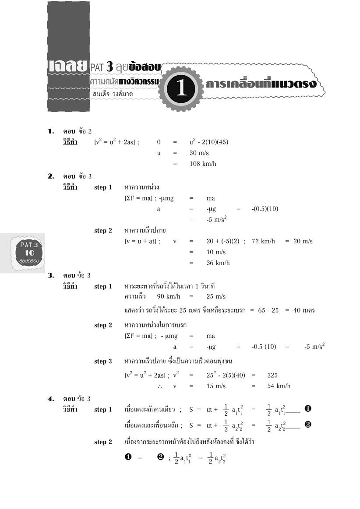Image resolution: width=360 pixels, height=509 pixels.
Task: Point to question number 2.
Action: click(x=51, y=176)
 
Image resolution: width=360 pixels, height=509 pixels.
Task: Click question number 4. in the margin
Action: click(x=51, y=399)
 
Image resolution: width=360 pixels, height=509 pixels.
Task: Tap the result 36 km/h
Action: click(x=218, y=263)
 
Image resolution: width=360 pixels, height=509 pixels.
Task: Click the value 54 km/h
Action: click(x=279, y=386)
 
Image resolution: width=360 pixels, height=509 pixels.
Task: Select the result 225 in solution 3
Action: click(x=272, y=375)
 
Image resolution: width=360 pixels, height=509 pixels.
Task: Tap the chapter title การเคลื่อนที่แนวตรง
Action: click(x=261, y=83)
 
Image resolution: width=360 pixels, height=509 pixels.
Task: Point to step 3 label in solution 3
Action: click(x=103, y=362)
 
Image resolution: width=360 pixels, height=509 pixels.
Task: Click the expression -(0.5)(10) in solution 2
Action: click(x=265, y=209)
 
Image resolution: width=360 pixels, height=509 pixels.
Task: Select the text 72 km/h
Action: click(x=263, y=242)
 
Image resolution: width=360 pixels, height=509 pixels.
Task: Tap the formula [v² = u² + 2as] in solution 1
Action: click(x=116, y=142)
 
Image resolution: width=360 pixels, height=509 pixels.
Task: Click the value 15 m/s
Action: click(x=216, y=386)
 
